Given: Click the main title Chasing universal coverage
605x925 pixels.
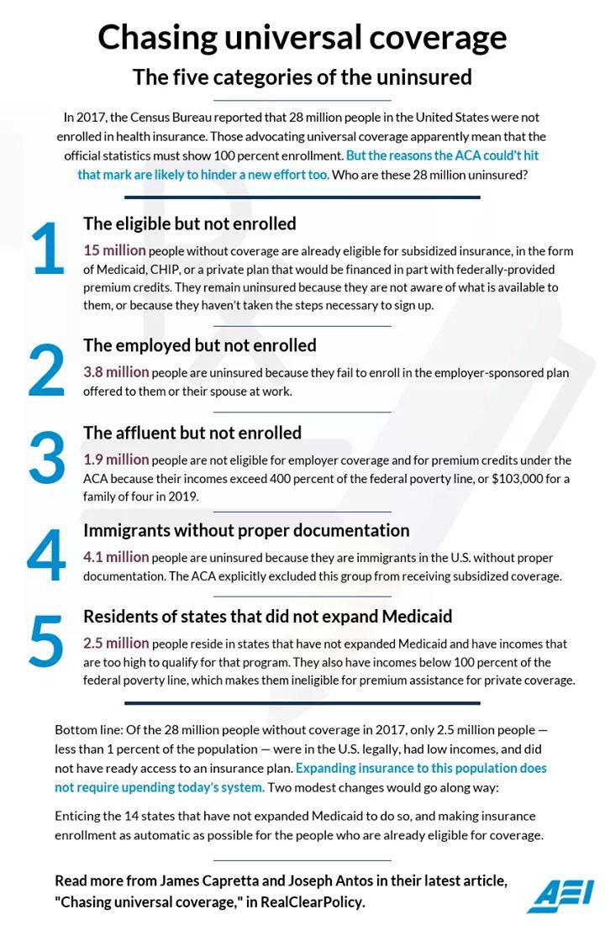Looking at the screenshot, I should (x=302, y=37).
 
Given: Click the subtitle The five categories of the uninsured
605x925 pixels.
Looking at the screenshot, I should (x=302, y=77).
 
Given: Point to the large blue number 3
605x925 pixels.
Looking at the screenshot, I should (x=46, y=459).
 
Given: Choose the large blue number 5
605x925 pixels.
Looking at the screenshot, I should (x=46, y=641).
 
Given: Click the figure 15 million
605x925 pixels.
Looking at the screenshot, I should (x=114, y=250).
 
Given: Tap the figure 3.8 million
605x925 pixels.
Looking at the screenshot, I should (x=116, y=371).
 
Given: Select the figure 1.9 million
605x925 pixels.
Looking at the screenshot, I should (x=116, y=460).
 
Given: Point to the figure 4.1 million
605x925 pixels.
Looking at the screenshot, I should (x=116, y=557).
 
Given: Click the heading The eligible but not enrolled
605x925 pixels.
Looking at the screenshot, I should (x=190, y=223).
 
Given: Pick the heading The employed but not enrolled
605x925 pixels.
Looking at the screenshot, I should (x=200, y=345).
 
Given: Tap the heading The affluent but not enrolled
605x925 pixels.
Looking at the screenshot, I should (x=192, y=433).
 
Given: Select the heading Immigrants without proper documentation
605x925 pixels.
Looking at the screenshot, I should (x=246, y=530).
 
